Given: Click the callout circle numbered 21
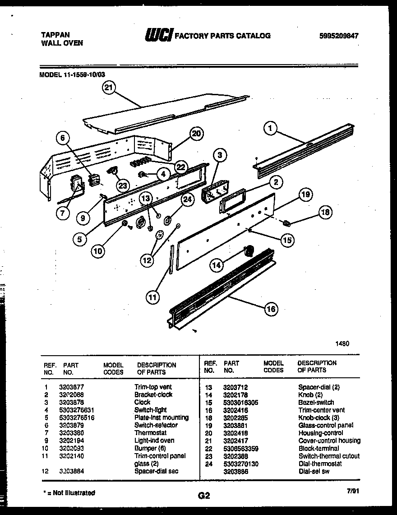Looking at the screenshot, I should [107, 88].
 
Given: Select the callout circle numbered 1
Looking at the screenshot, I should [270, 129].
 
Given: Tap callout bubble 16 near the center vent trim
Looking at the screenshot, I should [271, 309].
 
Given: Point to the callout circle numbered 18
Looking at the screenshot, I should [324, 212].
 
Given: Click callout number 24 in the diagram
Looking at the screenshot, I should [187, 199].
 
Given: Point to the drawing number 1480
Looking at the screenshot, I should [342, 343].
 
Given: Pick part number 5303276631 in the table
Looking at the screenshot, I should [78, 410].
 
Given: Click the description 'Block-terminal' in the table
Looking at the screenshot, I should [319, 448].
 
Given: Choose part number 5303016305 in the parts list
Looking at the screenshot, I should [240, 402].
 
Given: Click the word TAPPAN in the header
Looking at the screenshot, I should [55, 34].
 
